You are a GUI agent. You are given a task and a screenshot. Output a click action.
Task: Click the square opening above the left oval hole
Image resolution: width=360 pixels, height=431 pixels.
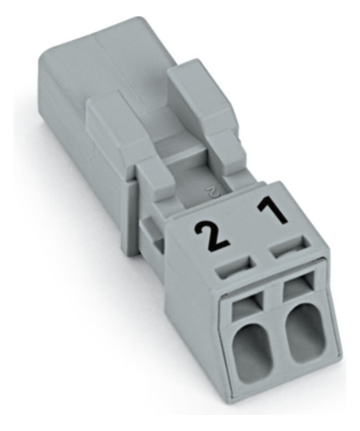point(246,306)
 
